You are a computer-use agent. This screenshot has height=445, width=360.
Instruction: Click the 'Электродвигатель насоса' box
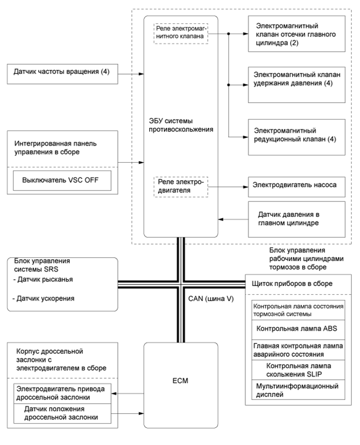pyautogui.click(x=296, y=185)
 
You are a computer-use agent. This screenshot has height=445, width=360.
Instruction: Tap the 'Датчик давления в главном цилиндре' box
pyautogui.click(x=296, y=219)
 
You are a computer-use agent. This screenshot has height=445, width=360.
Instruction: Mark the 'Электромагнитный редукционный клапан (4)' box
pyautogui.click(x=296, y=135)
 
